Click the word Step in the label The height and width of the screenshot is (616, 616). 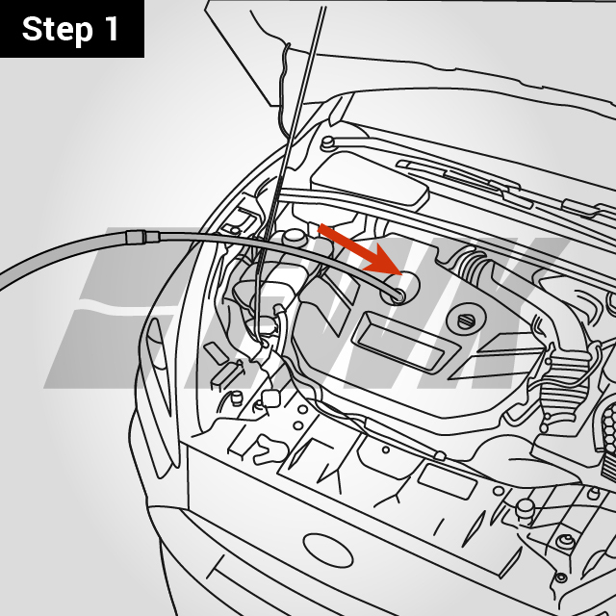coord(58,29)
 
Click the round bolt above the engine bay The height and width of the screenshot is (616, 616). coord(328,143)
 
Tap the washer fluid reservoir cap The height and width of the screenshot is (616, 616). coord(270,398)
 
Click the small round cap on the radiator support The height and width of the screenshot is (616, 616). coord(525,506)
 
